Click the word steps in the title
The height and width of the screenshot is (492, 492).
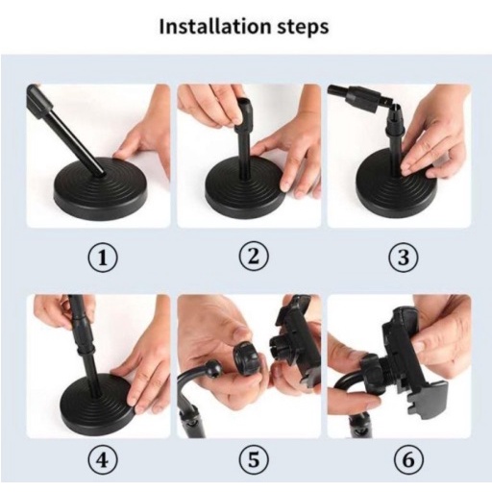[303, 28]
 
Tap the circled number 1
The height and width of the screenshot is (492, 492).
[103, 258]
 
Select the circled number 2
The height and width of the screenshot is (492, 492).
[254, 257]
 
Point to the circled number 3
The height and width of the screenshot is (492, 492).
[404, 258]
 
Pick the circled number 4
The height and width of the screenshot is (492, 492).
[103, 460]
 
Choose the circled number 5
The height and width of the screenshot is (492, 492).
[254, 460]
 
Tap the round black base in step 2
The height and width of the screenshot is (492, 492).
[245, 189]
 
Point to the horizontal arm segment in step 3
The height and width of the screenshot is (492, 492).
[358, 97]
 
